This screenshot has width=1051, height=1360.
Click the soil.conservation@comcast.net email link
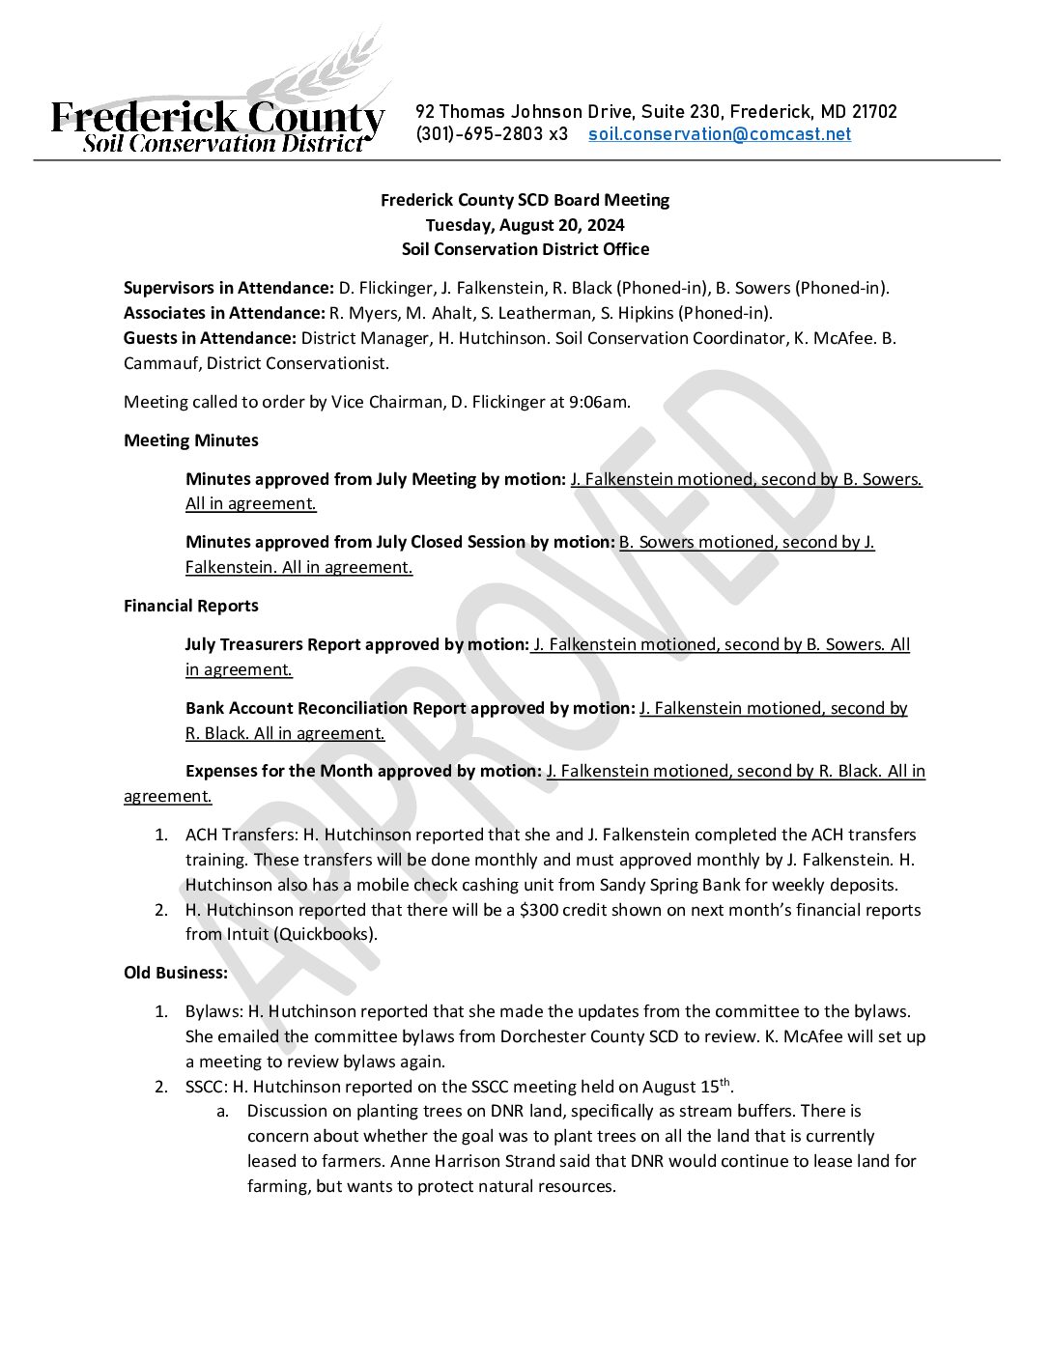720,134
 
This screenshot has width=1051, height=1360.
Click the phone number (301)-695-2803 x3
492,134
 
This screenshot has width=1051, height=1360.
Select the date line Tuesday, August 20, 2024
525,225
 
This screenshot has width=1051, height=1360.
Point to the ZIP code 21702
874,112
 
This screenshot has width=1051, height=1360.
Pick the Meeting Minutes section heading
191,440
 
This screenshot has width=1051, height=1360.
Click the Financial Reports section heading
191,606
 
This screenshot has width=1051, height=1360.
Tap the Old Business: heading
176,973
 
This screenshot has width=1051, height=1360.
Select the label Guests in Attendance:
210,338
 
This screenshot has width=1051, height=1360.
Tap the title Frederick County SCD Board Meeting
525,200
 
